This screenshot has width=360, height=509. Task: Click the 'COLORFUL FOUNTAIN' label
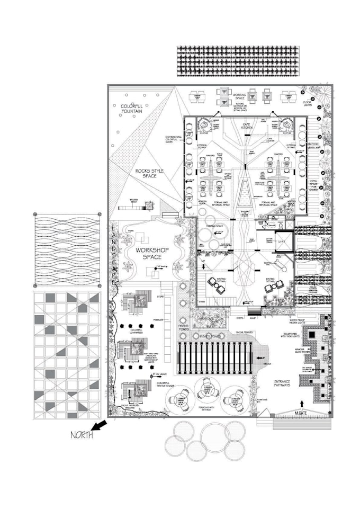[131, 109]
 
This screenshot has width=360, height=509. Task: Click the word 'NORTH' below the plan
[82, 435]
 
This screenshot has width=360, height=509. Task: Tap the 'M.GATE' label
[301, 412]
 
